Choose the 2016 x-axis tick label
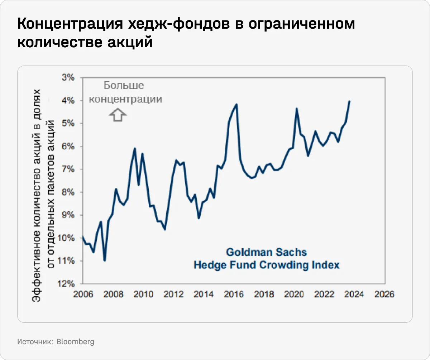coord(234,294)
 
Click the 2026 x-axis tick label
coord(384,294)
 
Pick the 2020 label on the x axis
coord(294,294)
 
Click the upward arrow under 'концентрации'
coord(118,115)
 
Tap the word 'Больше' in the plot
coord(124,86)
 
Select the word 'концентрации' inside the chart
coord(125,99)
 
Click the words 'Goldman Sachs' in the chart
coord(266,252)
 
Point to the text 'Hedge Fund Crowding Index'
coord(266,265)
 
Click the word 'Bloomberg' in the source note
coord(75,342)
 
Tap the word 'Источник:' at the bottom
coord(35,342)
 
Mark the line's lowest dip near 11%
coord(105,260)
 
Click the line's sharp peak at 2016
coord(236,104)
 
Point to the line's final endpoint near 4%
coord(349,101)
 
